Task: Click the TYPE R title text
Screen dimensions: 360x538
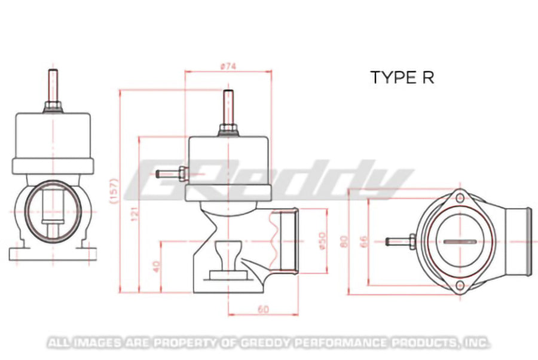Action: tap(401, 78)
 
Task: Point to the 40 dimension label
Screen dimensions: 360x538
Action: tap(156, 266)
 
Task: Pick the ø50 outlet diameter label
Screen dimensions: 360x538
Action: tap(323, 240)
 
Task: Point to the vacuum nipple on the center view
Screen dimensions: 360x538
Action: tap(170, 174)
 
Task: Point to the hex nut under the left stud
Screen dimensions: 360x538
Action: tap(53, 107)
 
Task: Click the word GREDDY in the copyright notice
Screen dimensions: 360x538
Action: tap(265, 343)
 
